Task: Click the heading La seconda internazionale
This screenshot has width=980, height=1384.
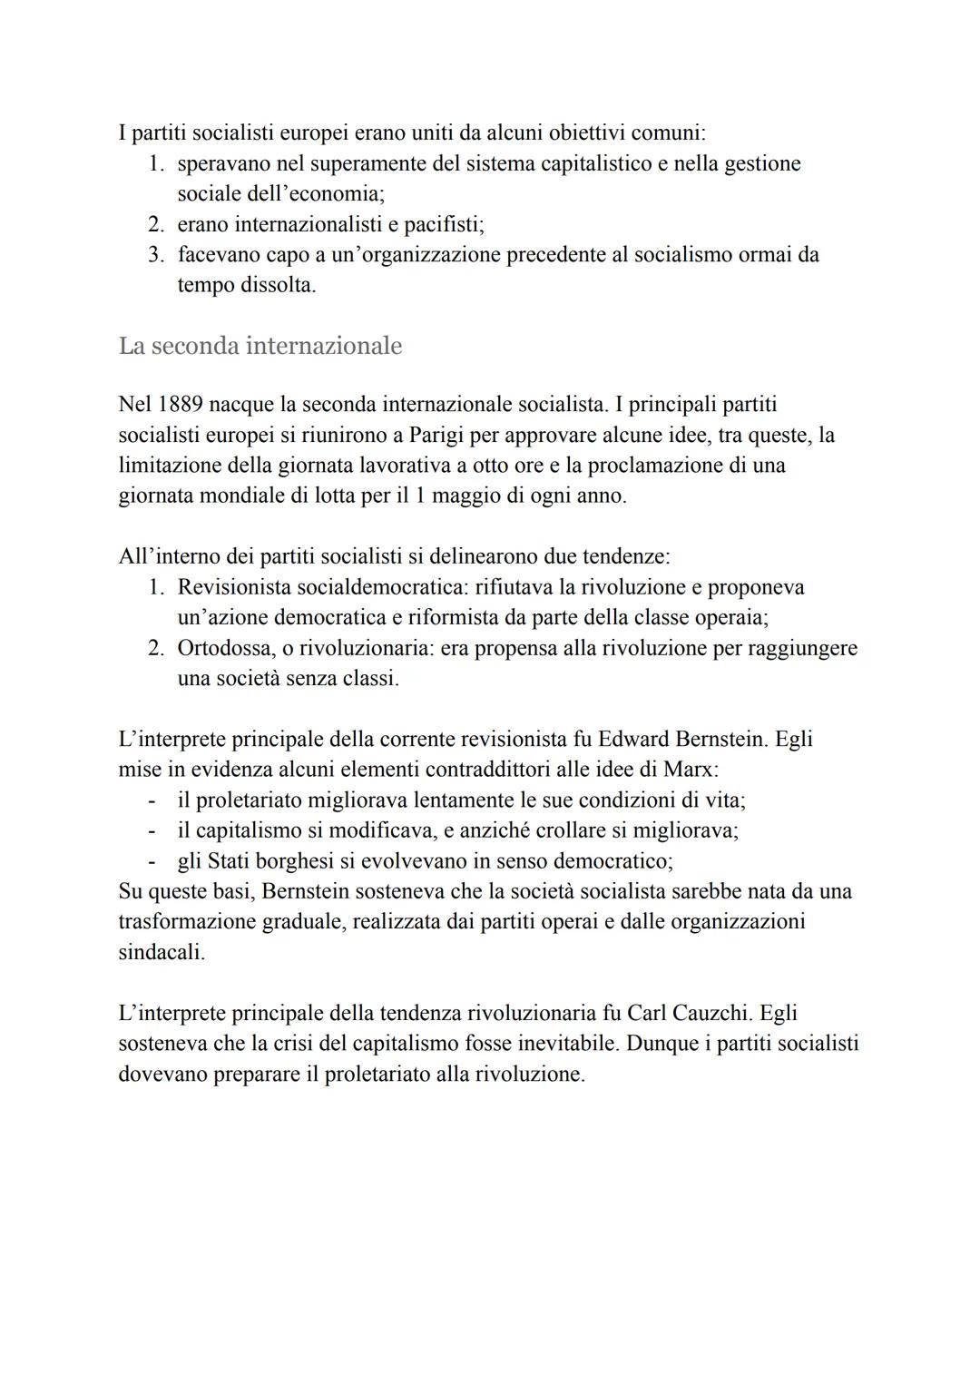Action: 260,346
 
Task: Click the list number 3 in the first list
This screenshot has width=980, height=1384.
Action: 155,255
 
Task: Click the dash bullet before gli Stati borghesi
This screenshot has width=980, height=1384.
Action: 152,860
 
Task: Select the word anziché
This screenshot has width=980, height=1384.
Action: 481,830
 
